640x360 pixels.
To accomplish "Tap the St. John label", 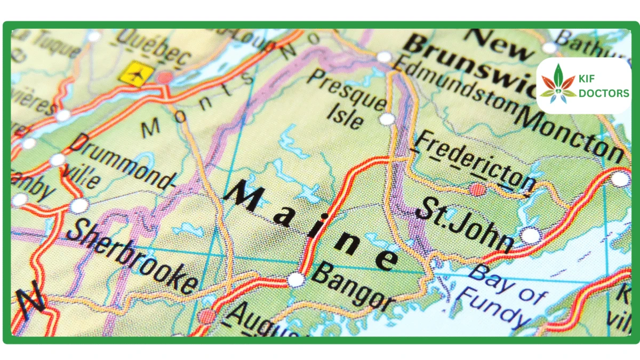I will (463, 224).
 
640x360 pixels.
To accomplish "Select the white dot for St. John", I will (530, 235).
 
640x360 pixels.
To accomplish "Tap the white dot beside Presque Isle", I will (388, 118).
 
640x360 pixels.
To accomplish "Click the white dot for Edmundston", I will (384, 57).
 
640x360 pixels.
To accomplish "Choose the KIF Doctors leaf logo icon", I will (556, 85).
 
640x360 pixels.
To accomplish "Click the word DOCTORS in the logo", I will (604, 93).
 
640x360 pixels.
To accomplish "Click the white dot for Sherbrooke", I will (79, 205).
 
